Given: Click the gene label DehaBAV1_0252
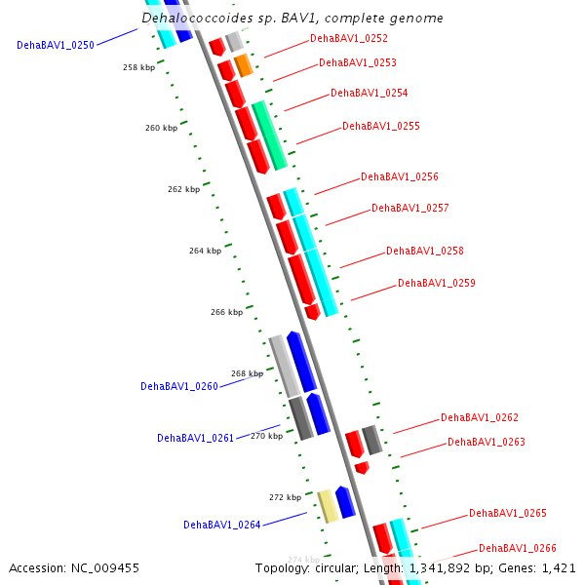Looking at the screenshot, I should [x=348, y=39].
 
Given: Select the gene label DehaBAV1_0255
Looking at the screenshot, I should [x=380, y=127].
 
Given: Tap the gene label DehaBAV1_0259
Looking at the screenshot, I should [x=436, y=284].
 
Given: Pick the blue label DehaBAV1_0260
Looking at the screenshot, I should [x=178, y=387].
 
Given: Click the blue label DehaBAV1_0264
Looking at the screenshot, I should [x=221, y=526].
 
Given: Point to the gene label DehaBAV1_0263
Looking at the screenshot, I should [x=486, y=443].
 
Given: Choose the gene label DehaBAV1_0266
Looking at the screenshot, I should [x=517, y=549].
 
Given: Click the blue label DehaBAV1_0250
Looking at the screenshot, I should [x=55, y=46].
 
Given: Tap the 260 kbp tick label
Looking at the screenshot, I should [x=161, y=129].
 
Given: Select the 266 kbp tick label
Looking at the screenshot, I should [x=226, y=313].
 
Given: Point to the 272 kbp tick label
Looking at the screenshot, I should [x=285, y=498].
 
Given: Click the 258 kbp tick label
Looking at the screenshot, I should [x=138, y=68].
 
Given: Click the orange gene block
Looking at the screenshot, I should [x=244, y=65].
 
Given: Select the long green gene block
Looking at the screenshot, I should [x=269, y=136].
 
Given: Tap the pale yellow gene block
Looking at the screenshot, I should [x=329, y=506].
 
